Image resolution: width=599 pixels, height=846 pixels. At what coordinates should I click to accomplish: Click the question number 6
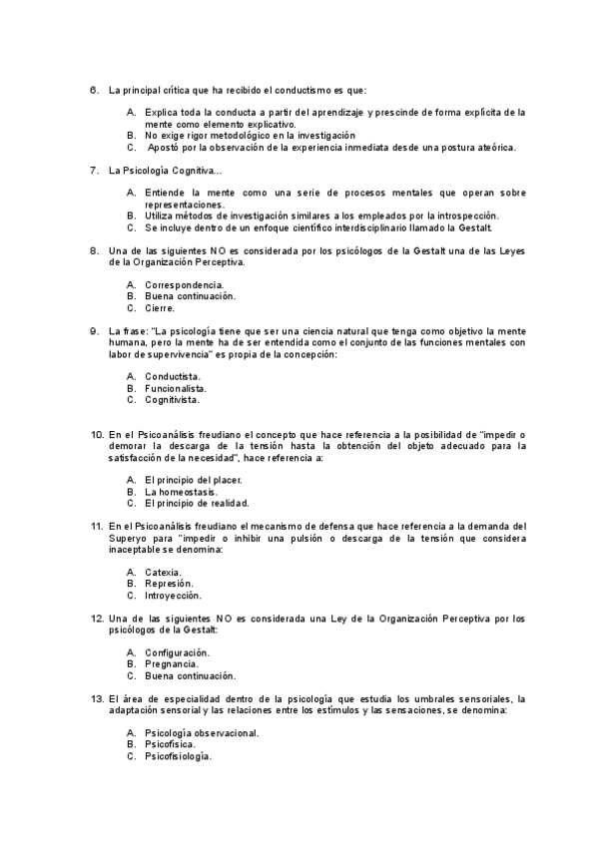coord(94,91)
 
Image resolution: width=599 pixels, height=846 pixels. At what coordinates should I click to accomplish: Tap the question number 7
coord(94,171)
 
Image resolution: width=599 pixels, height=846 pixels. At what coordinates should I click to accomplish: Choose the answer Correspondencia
coord(185,284)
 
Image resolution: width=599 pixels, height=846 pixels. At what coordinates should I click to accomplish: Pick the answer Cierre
coord(160,308)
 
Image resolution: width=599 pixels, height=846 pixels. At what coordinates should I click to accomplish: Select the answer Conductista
coord(173,376)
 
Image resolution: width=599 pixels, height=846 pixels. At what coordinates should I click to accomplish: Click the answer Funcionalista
coord(176,388)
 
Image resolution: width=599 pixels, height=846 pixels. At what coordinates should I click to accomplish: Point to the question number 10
coord(97,435)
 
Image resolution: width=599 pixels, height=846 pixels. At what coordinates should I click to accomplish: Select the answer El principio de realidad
coord(197,504)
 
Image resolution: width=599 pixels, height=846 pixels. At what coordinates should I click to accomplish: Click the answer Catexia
coord(163,572)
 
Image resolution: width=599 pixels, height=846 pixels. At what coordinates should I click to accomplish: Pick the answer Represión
coord(169,584)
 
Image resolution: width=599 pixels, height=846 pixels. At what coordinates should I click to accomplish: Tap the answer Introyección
coord(173,596)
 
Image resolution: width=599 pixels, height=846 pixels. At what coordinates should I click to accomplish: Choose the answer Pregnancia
coord(171,663)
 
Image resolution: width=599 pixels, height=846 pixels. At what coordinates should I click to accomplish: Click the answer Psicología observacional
coord(202,733)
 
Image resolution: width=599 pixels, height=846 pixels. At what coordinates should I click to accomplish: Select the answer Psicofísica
coord(170,745)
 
